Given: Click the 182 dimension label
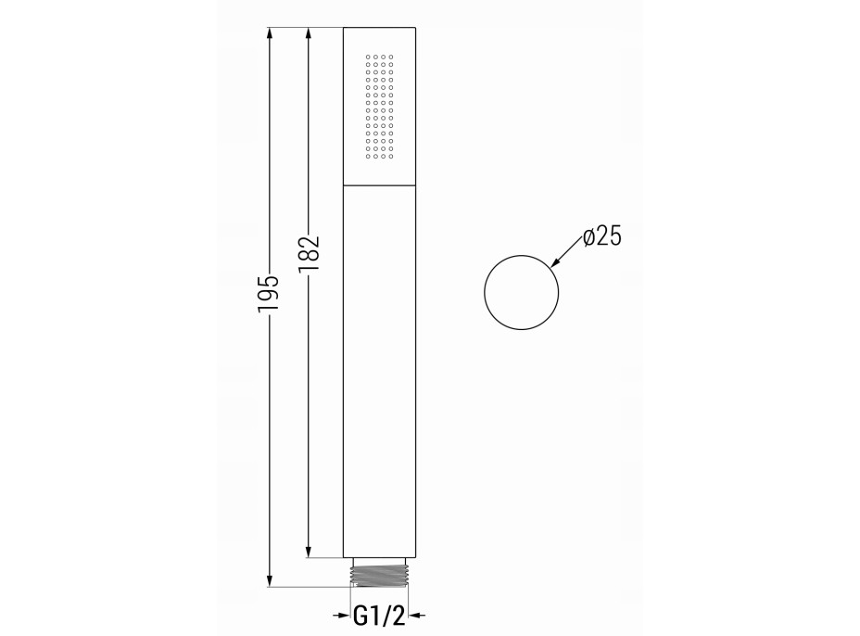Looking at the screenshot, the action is tap(309, 254).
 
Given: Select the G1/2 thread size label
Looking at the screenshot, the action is tap(380, 616).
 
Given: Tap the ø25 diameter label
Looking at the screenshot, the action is tap(602, 237).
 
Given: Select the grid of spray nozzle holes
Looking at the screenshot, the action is tap(379, 107).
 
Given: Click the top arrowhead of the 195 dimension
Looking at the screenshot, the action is tap(269, 34).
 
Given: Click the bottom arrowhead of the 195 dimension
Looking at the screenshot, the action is tap(269, 580).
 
